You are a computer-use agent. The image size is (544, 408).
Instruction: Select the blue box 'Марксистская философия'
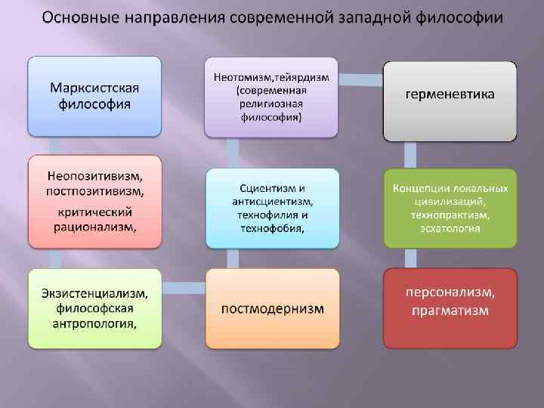pos(95,95)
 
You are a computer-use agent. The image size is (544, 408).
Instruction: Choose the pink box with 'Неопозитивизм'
pos(95,202)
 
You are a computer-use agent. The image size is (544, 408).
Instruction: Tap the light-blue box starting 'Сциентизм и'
pos(272,208)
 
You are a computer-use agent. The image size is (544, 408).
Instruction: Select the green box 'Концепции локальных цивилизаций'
pos(450,208)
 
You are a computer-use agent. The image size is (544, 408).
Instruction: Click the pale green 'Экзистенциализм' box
pos(95,308)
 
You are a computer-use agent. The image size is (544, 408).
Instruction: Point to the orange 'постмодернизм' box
pos(272,308)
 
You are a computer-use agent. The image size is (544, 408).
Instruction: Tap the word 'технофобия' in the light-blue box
pos(269,229)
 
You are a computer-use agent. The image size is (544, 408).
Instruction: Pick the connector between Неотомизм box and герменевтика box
pos(361,76)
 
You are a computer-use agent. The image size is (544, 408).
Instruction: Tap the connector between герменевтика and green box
pos(410,155)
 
